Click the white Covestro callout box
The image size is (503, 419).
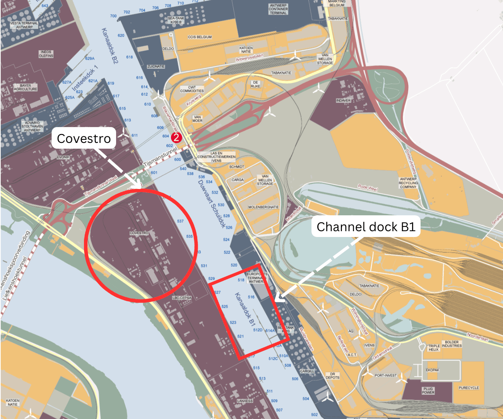[x=84, y=138]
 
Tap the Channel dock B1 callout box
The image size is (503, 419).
[x=366, y=227]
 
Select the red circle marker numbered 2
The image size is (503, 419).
[x=176, y=137]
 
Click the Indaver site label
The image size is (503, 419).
[x=343, y=100]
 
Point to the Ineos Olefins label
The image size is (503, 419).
[x=46, y=54]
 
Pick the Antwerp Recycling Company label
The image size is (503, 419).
[x=408, y=183]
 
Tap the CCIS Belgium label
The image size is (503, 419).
[x=200, y=37]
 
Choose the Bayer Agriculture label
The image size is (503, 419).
[x=26, y=88]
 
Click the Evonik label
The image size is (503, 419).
[x=63, y=157]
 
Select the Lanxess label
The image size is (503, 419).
[x=245, y=401]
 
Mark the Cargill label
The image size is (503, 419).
[x=307, y=371]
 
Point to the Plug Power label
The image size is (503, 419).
[x=428, y=391]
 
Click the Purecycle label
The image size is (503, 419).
[x=469, y=388]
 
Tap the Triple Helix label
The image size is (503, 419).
[x=433, y=348]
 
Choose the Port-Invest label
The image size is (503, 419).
[x=385, y=375]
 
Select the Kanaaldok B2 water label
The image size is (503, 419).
[x=109, y=46]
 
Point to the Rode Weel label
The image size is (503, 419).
[x=368, y=188]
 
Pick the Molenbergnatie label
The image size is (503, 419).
[x=263, y=207]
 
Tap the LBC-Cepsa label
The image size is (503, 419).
[x=182, y=298]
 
